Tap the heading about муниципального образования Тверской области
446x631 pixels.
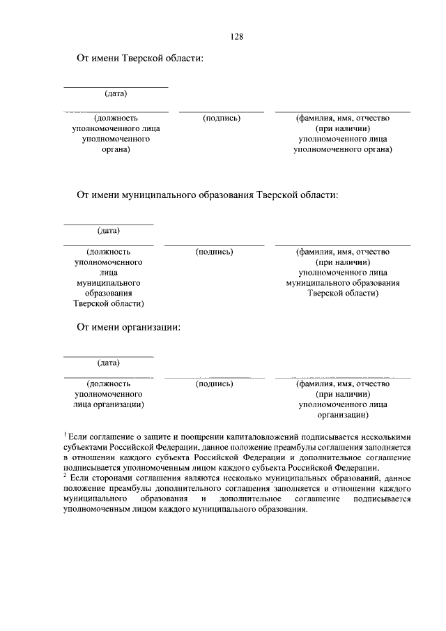207,195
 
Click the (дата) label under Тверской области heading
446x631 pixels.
116,93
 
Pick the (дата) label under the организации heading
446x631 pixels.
109,363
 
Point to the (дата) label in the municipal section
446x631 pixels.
109,230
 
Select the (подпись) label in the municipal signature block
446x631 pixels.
214,251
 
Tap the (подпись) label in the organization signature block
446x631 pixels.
214,383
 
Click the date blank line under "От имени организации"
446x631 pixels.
109,357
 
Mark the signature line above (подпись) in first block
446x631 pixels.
222,112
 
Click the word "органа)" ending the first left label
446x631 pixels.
116,149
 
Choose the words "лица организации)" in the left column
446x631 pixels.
109,404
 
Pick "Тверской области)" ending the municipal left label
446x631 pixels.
109,303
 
